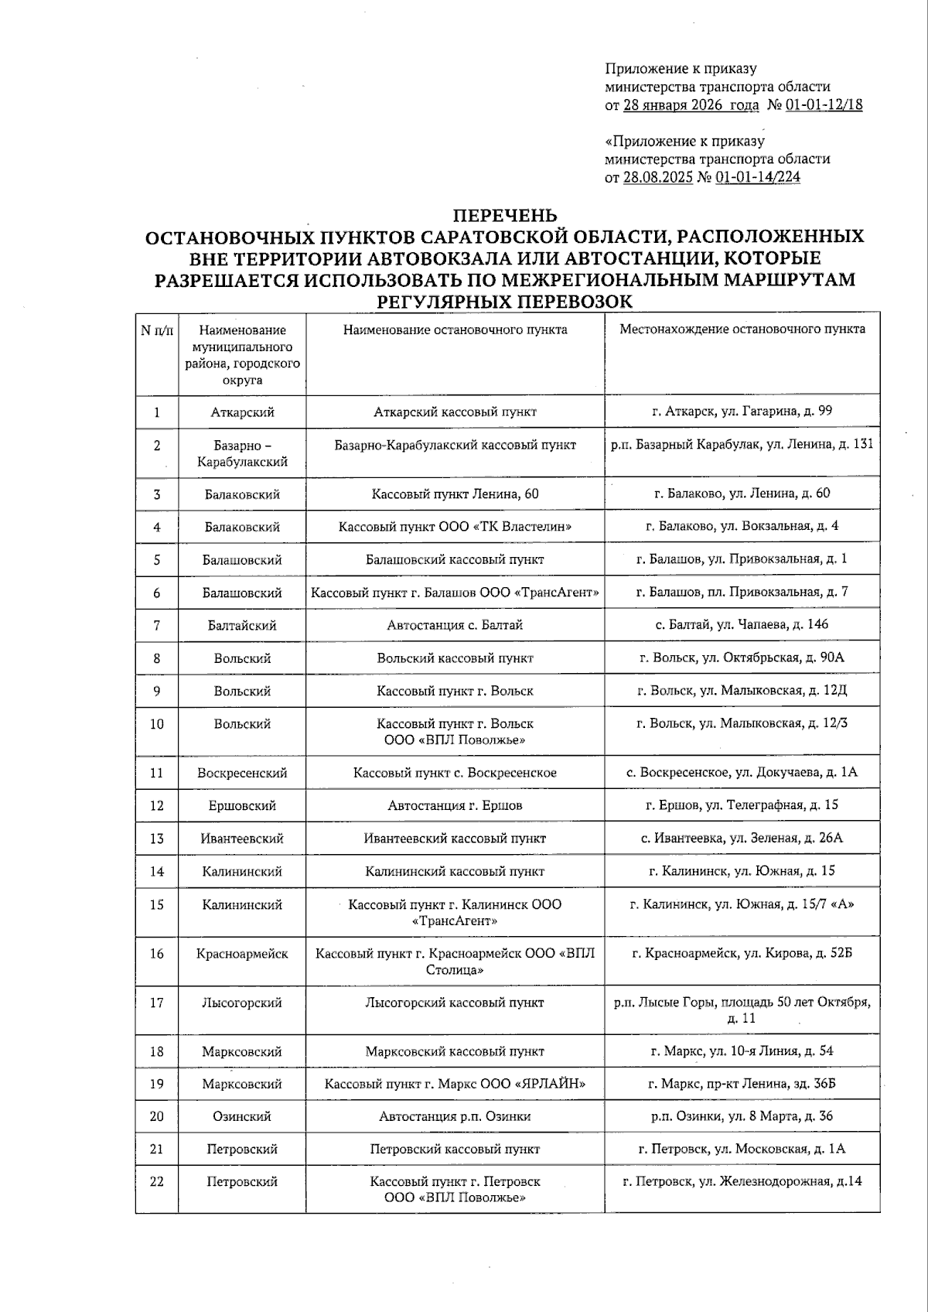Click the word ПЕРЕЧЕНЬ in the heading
[504, 215]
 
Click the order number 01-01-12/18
[824, 105]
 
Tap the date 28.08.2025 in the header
[658, 177]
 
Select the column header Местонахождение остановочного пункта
[742, 330]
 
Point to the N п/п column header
[157, 330]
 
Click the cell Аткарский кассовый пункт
[455, 412]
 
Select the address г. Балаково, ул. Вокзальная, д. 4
[742, 526]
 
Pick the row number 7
[157, 625]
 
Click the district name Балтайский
[242, 625]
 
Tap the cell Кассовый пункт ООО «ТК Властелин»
[455, 527]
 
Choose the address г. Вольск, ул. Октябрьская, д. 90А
[742, 658]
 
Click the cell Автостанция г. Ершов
[455, 805]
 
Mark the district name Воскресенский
[242, 773]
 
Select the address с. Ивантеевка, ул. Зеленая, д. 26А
[742, 838]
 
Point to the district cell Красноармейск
[242, 954]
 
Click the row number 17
[157, 1003]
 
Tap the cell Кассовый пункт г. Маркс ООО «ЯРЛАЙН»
[455, 1084]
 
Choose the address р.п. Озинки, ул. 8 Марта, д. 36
[742, 1116]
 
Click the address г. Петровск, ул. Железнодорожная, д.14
[742, 1181]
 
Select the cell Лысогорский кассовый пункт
[455, 1003]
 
